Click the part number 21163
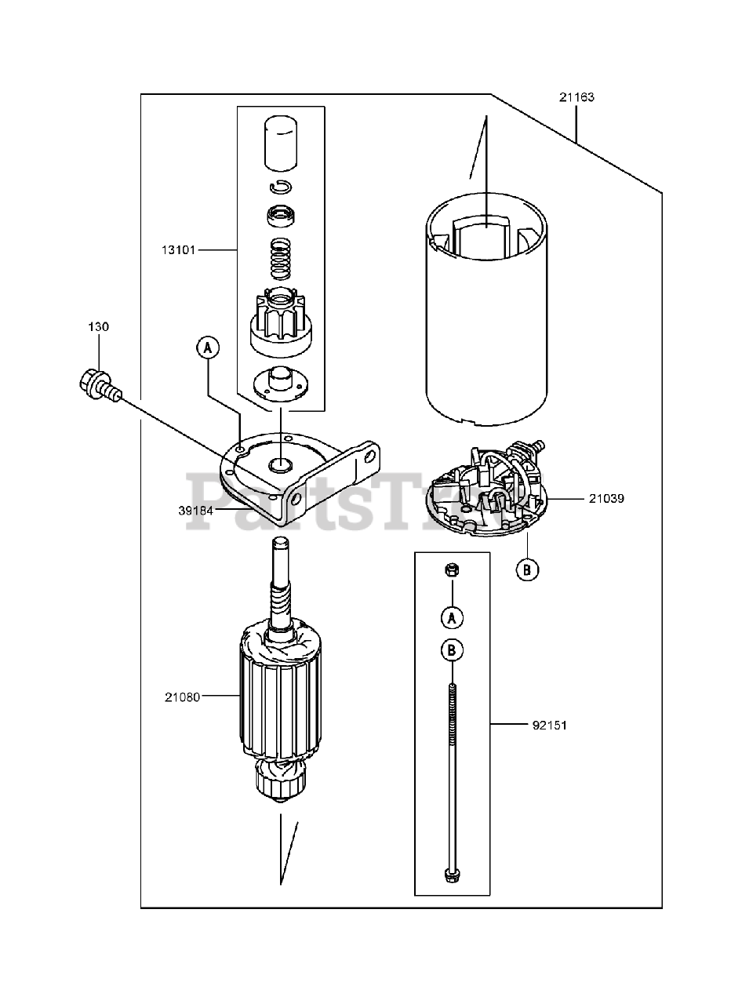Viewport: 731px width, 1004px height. click(576, 98)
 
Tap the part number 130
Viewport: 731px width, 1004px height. click(98, 327)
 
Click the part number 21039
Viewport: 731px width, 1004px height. click(608, 498)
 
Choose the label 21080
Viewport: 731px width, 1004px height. click(182, 696)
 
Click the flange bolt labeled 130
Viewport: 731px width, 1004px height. click(98, 384)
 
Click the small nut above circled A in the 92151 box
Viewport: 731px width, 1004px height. click(452, 572)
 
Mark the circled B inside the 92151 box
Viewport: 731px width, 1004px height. click(453, 649)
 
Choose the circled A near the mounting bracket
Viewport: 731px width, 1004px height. click(208, 347)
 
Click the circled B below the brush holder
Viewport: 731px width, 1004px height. click(528, 570)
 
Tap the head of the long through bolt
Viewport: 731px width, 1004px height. click(452, 874)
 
